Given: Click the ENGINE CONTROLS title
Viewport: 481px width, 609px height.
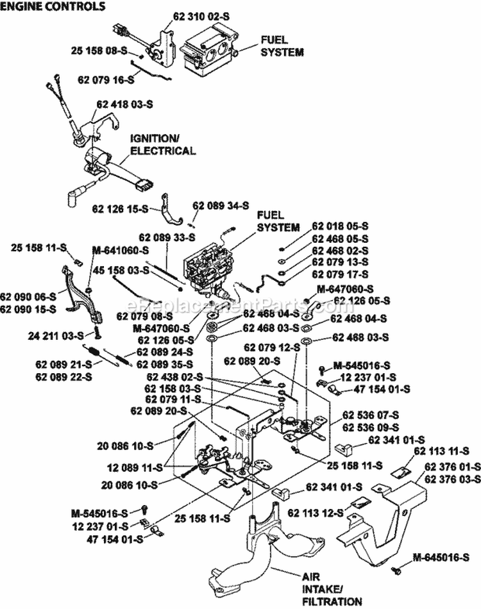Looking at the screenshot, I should (53, 7).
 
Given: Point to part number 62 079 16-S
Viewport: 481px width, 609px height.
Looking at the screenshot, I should (105, 79).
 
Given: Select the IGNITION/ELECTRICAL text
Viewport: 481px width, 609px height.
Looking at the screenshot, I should (162, 145).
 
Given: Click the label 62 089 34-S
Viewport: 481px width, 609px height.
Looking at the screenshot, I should (220, 206).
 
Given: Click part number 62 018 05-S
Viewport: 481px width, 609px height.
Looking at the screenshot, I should (340, 227).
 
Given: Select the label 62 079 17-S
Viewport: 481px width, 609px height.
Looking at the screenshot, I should (340, 273).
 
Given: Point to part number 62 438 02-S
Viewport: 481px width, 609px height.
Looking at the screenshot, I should (174, 377).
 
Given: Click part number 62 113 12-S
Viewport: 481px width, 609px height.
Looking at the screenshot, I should (316, 513).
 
